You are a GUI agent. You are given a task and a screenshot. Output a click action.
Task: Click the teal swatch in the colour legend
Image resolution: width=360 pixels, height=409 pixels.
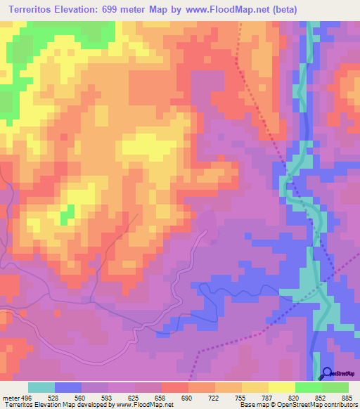[x=41, y=388]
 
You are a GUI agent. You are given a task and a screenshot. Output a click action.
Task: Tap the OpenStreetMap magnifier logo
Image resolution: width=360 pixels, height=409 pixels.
[x=328, y=373]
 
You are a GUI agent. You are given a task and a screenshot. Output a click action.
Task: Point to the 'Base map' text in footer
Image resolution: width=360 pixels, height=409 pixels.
[x=255, y=405]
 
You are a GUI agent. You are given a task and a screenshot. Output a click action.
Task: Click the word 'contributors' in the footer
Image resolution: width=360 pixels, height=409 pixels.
[x=339, y=405]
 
